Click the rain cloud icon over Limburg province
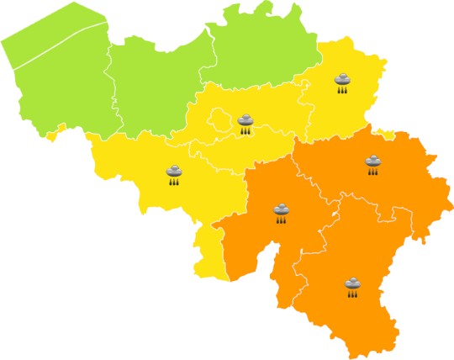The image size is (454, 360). (343, 81)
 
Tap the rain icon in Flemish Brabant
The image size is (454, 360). (245, 124)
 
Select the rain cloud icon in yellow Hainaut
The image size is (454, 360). (173, 174)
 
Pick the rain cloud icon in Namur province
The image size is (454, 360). (281, 212)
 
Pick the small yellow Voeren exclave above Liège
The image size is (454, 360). (387, 133)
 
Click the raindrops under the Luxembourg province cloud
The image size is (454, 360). (352, 294)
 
